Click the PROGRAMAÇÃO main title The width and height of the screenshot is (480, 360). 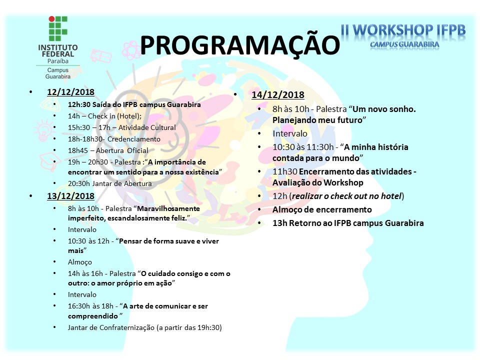239,44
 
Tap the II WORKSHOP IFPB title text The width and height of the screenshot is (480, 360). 403,30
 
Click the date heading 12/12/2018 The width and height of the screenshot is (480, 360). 70,92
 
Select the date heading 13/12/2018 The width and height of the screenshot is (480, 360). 70,196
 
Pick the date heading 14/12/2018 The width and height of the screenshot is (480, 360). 278,94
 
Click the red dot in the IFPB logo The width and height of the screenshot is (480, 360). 51,19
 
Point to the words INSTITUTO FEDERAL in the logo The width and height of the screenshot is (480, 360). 58,51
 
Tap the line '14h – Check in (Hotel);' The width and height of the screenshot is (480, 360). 104,116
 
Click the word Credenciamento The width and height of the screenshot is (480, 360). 134,139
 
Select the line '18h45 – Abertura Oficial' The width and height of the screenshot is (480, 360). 108,150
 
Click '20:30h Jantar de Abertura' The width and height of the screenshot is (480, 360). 110,183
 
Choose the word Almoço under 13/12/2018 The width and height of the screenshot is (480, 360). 80,262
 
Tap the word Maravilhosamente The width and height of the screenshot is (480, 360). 168,208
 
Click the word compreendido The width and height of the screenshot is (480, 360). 93,316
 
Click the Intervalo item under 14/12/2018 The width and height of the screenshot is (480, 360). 290,133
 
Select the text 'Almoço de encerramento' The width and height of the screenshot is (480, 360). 322,209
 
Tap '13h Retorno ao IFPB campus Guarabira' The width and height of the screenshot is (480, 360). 348,223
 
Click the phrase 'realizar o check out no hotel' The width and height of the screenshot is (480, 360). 346,196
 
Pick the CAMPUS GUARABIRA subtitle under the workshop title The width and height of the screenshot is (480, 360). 404,44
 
